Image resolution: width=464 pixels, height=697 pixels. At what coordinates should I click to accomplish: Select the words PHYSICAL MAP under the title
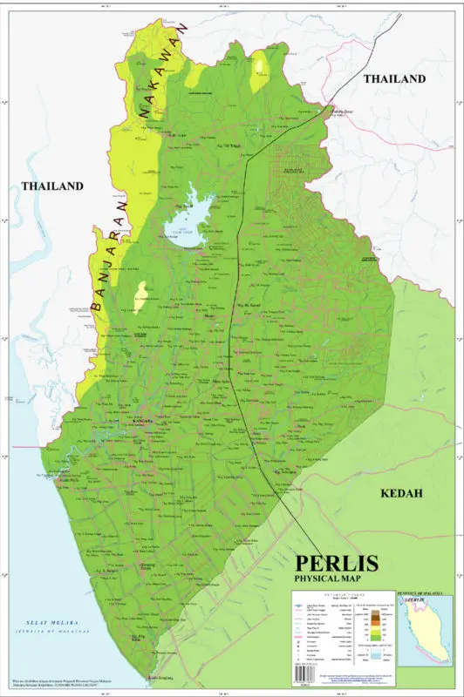334,579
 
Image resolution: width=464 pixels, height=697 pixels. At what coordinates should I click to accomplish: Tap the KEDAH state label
401,493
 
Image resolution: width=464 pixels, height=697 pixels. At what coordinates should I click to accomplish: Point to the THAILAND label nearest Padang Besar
394,78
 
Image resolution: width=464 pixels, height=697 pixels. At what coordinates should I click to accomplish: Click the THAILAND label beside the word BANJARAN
52,186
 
